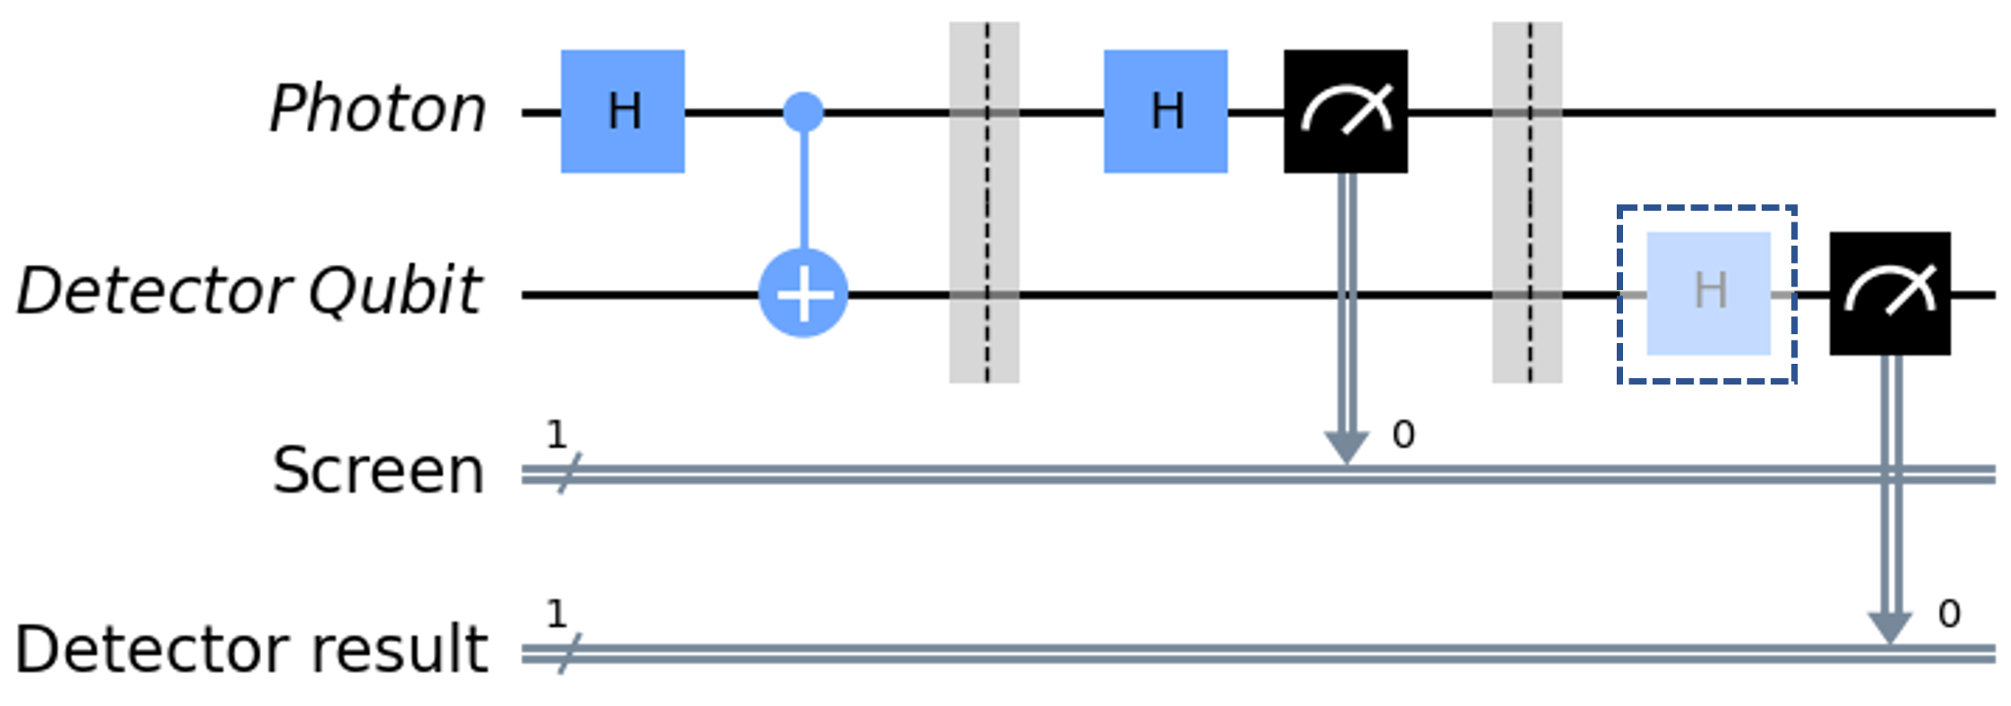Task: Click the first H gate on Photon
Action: click(622, 112)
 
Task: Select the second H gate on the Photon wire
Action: click(1166, 112)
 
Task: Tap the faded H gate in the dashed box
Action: click(1709, 294)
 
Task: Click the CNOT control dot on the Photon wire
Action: click(804, 112)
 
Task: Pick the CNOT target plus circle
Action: click(804, 294)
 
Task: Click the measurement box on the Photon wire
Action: click(1346, 112)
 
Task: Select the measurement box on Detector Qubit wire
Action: click(1890, 294)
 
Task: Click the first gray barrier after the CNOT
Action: click(985, 203)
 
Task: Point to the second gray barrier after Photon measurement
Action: click(1528, 203)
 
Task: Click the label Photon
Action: click(378, 110)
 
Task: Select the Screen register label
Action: click(378, 470)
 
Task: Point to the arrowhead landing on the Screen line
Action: click(1346, 447)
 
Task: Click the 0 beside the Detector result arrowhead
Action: click(1949, 615)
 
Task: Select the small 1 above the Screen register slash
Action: click(557, 436)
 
